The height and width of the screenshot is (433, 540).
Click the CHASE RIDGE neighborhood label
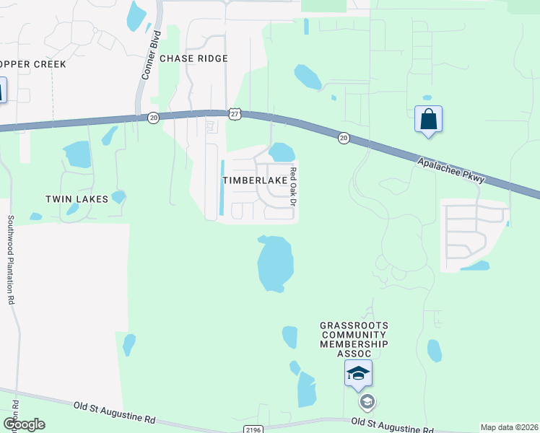[x=193, y=58]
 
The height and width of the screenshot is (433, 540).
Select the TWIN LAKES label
[x=77, y=199]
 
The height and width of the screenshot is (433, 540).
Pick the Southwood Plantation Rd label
[x=11, y=260]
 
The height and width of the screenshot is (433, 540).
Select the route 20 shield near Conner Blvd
[x=153, y=118]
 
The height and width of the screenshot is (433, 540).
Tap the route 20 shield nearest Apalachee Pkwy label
[x=344, y=137]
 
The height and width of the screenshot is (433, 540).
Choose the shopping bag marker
[x=428, y=119]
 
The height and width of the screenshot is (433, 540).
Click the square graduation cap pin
[x=358, y=374]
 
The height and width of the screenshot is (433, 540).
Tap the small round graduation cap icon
[x=367, y=401]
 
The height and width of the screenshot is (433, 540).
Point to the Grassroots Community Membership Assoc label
[x=354, y=339]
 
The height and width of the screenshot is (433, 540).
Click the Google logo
[x=24, y=424]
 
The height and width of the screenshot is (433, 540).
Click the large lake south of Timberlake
[x=275, y=263]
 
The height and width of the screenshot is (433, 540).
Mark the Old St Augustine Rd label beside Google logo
[x=114, y=413]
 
